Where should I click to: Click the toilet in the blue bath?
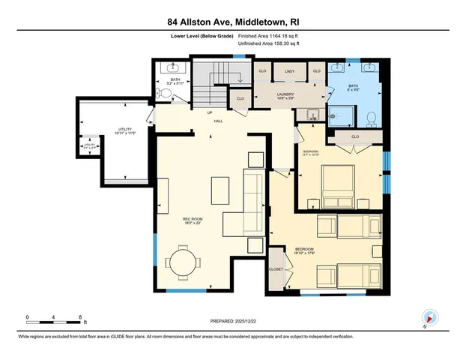[x=371, y=117]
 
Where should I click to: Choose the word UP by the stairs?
[x=211, y=112]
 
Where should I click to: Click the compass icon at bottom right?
[x=429, y=318]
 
